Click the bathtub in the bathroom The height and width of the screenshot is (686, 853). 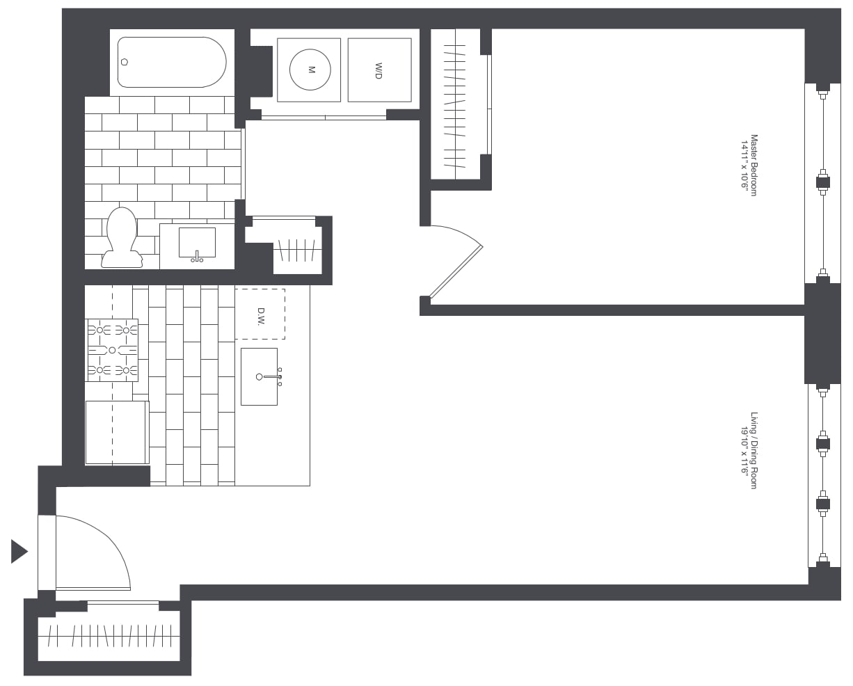[172, 62]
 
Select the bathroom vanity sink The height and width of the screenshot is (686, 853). [197, 243]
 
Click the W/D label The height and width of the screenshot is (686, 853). [379, 70]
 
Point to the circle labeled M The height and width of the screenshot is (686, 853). [310, 70]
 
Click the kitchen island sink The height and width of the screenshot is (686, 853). [259, 376]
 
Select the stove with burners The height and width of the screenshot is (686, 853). [111, 350]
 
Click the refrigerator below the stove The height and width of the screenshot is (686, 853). [116, 432]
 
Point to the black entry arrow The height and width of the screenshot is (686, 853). [19, 551]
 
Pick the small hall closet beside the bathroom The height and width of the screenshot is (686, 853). [297, 249]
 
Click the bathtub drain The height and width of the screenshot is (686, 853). [125, 62]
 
